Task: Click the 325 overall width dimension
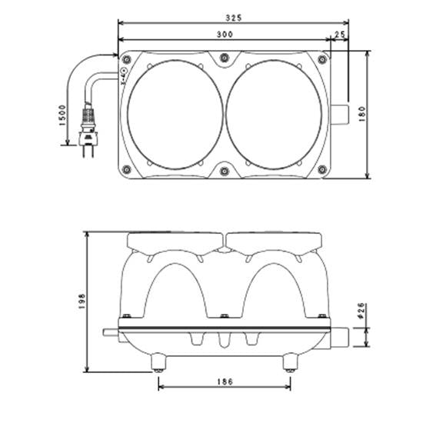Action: click(x=234, y=15)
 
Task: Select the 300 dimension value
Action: click(x=225, y=35)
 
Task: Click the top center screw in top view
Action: click(x=224, y=58)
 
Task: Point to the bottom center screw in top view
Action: click(x=224, y=171)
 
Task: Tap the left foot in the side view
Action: click(x=158, y=361)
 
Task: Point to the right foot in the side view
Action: click(x=290, y=361)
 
